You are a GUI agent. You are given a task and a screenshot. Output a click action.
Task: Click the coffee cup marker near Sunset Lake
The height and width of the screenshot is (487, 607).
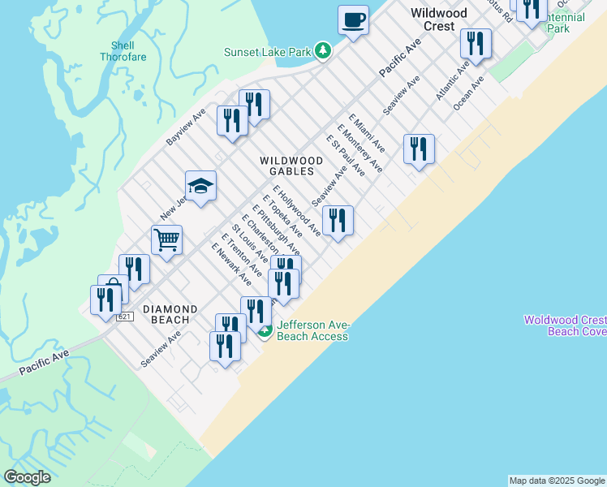353,19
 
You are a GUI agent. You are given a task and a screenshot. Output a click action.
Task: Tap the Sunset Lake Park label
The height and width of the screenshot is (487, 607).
268,52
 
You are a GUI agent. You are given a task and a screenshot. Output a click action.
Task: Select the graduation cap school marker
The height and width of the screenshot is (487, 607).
200,187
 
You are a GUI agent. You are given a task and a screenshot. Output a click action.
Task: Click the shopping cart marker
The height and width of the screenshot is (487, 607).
166,239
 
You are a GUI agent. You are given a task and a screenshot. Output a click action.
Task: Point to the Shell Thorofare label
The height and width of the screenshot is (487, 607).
118,51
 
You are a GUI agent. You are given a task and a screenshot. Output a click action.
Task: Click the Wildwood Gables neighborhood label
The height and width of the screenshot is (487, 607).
291,166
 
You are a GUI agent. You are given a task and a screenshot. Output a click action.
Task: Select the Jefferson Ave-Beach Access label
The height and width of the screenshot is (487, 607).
312,330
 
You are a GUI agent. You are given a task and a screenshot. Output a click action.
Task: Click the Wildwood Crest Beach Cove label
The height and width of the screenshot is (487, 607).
564,325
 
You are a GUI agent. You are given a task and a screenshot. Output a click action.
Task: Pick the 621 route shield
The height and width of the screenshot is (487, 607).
123,316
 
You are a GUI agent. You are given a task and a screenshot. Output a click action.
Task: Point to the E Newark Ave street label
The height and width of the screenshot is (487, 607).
231,264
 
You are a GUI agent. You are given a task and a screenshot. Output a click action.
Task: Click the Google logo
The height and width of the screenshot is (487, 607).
27,477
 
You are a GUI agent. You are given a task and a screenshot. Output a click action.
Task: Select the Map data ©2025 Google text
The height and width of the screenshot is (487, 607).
557,481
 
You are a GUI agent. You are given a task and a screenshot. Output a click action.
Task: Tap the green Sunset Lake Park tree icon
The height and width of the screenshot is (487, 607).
324,51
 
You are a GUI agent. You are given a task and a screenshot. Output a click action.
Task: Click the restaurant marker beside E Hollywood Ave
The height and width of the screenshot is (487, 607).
338,220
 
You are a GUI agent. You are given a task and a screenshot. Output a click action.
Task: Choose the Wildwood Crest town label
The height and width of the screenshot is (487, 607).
439,19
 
